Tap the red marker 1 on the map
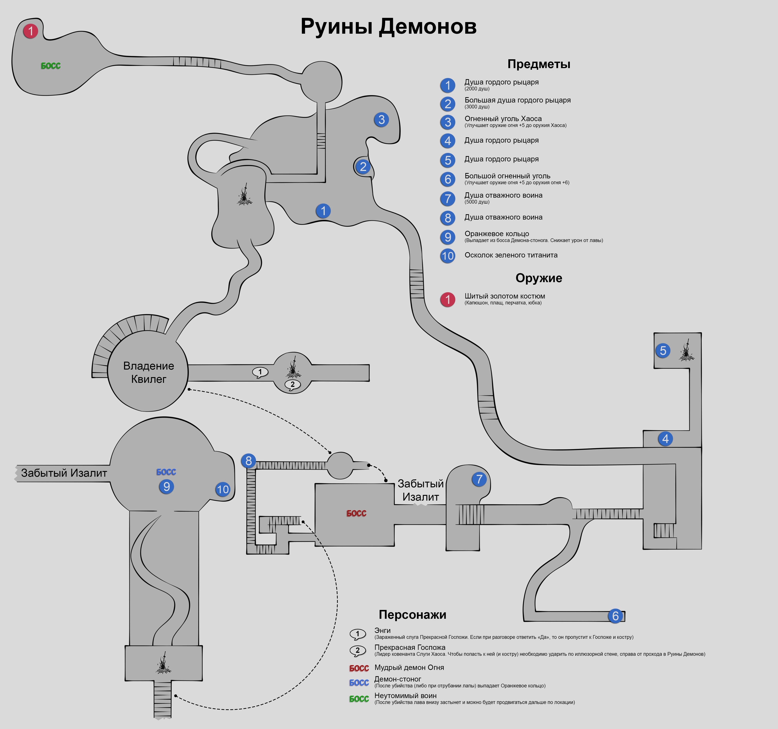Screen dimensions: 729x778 31,31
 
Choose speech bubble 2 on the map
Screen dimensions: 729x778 292,384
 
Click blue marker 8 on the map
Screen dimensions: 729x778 248,461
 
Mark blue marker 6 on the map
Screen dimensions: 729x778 615,616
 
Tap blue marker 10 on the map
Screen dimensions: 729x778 223,489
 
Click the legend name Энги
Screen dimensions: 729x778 382,631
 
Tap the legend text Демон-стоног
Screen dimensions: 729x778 398,679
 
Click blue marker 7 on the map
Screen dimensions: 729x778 479,479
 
